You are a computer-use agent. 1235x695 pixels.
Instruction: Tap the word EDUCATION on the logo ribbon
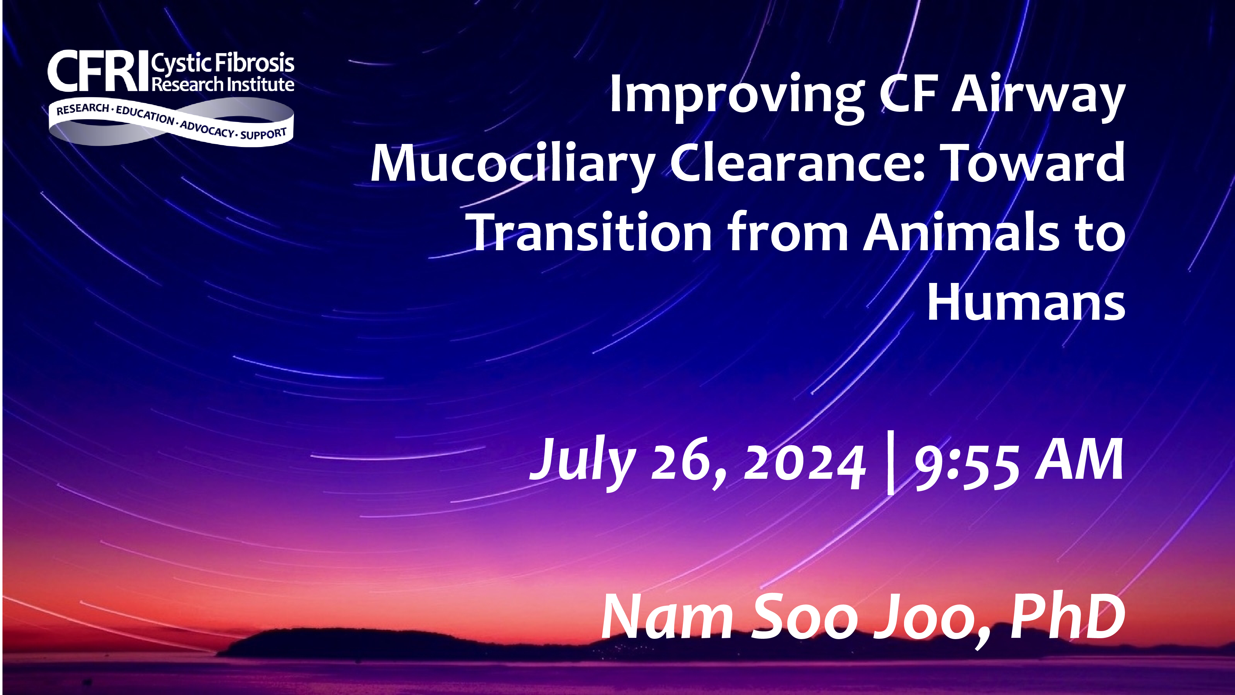coord(145,115)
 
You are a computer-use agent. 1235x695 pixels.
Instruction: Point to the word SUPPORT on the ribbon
coord(264,133)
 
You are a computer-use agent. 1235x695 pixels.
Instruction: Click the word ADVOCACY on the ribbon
coord(207,128)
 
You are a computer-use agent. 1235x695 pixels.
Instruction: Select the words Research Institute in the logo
coord(223,84)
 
